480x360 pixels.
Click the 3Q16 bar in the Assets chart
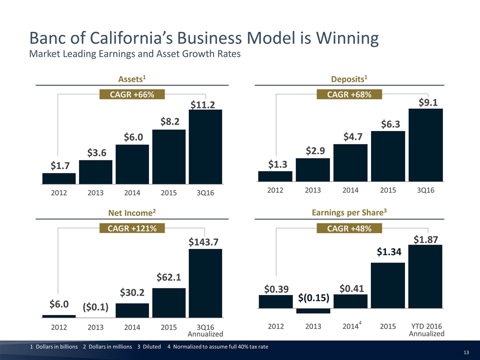(x=205, y=147)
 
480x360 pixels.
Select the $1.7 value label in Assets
(x=59, y=165)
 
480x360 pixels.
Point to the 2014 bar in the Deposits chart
(x=350, y=162)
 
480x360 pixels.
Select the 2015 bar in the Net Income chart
(x=168, y=302)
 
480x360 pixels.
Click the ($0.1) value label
(x=95, y=306)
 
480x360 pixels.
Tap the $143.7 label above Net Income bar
(x=205, y=241)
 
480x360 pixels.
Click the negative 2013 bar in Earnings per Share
(x=312, y=310)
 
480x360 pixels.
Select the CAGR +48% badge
(x=349, y=228)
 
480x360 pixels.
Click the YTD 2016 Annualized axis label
(x=426, y=330)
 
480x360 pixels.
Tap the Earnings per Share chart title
(x=349, y=212)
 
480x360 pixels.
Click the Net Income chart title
(x=132, y=213)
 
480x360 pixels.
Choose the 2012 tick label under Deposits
(x=275, y=190)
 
